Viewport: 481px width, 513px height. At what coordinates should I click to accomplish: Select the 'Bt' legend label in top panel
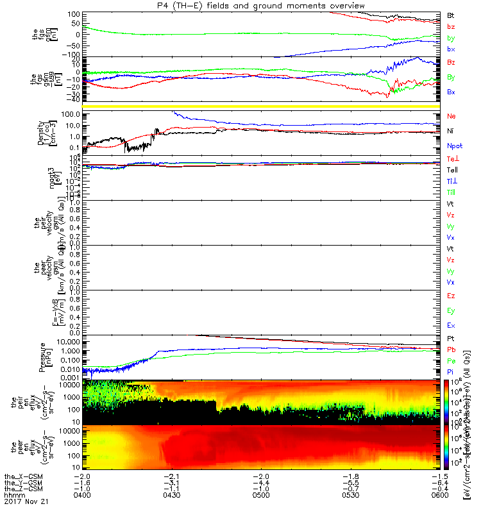tap(451, 15)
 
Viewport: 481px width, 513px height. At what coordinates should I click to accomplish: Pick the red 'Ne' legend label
tap(451, 117)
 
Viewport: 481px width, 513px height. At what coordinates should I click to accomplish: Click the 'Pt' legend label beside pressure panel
tap(451, 338)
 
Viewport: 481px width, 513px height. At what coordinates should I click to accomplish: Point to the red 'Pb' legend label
tap(451, 349)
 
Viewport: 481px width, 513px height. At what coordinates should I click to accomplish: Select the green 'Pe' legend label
tap(451, 361)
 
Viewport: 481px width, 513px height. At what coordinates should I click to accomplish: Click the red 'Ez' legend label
tap(451, 296)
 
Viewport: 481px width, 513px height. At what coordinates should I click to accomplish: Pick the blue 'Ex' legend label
tap(451, 325)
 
